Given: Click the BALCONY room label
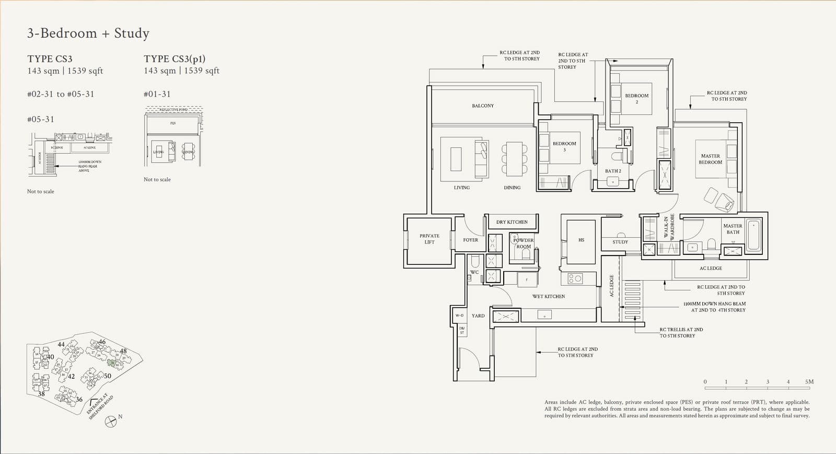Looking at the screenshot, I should (482, 106).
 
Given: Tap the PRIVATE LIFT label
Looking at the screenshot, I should (429, 239).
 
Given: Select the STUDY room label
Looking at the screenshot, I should (620, 242).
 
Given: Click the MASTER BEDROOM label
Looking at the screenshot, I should (710, 159).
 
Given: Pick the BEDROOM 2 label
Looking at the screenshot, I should (636, 98).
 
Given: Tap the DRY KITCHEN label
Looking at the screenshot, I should (512, 222).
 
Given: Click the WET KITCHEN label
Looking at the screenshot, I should (548, 296).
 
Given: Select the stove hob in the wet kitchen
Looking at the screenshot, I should (575, 278).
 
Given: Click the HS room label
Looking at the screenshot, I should (581, 240).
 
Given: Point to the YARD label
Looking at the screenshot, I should (478, 316).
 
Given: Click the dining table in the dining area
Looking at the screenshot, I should (514, 159).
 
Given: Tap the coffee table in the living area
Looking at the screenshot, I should (456, 159).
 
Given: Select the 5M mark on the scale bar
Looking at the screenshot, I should (809, 382).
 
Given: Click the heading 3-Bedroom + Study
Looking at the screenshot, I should (88, 33).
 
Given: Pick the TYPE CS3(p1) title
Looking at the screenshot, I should (175, 59).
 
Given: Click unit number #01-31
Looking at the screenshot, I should (157, 94).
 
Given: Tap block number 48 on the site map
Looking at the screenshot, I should (123, 351).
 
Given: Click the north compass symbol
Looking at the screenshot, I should (111, 421).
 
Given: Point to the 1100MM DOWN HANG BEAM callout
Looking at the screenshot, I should (714, 307).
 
